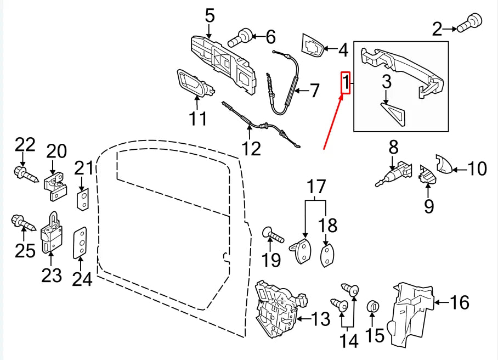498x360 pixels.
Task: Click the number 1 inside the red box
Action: click(x=346, y=83)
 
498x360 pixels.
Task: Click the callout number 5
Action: click(x=210, y=15)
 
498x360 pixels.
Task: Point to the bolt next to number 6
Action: click(x=242, y=36)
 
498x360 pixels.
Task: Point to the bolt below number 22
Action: click(x=25, y=176)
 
